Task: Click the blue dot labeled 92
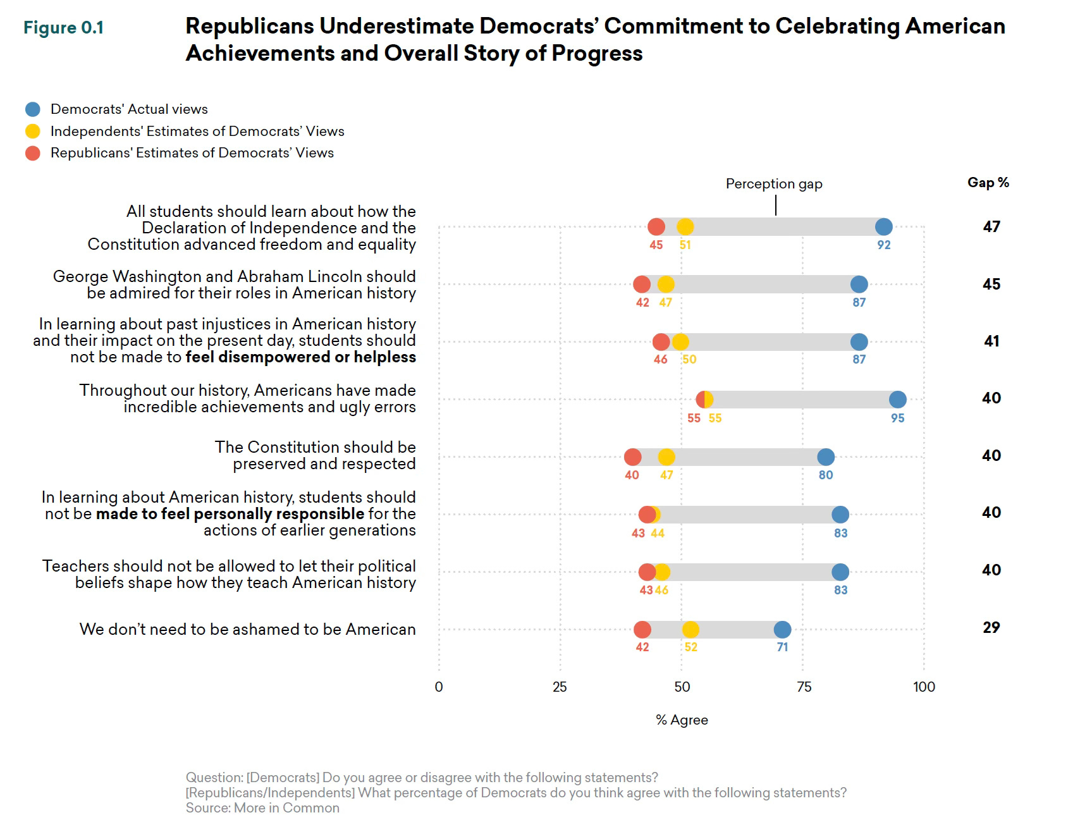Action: (x=883, y=226)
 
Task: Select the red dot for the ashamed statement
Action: (x=642, y=630)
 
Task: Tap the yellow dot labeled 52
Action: (x=690, y=630)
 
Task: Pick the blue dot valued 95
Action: (x=898, y=400)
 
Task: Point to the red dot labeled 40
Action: (x=632, y=457)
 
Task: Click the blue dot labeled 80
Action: (x=826, y=457)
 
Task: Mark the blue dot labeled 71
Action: (x=782, y=630)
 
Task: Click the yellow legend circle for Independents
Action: (x=33, y=131)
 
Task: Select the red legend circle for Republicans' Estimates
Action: (x=33, y=153)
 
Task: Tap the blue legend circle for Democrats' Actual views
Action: (x=33, y=109)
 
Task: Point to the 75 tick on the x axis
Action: (x=804, y=687)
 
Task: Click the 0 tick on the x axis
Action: (x=439, y=687)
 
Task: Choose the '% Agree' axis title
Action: (x=682, y=720)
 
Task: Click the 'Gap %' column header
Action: (x=988, y=183)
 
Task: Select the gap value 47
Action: (x=991, y=226)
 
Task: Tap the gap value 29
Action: (x=991, y=627)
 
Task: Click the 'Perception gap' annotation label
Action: (x=774, y=184)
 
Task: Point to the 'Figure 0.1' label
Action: (x=63, y=28)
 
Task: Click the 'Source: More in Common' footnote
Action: (x=262, y=808)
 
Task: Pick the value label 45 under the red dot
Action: (x=656, y=245)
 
